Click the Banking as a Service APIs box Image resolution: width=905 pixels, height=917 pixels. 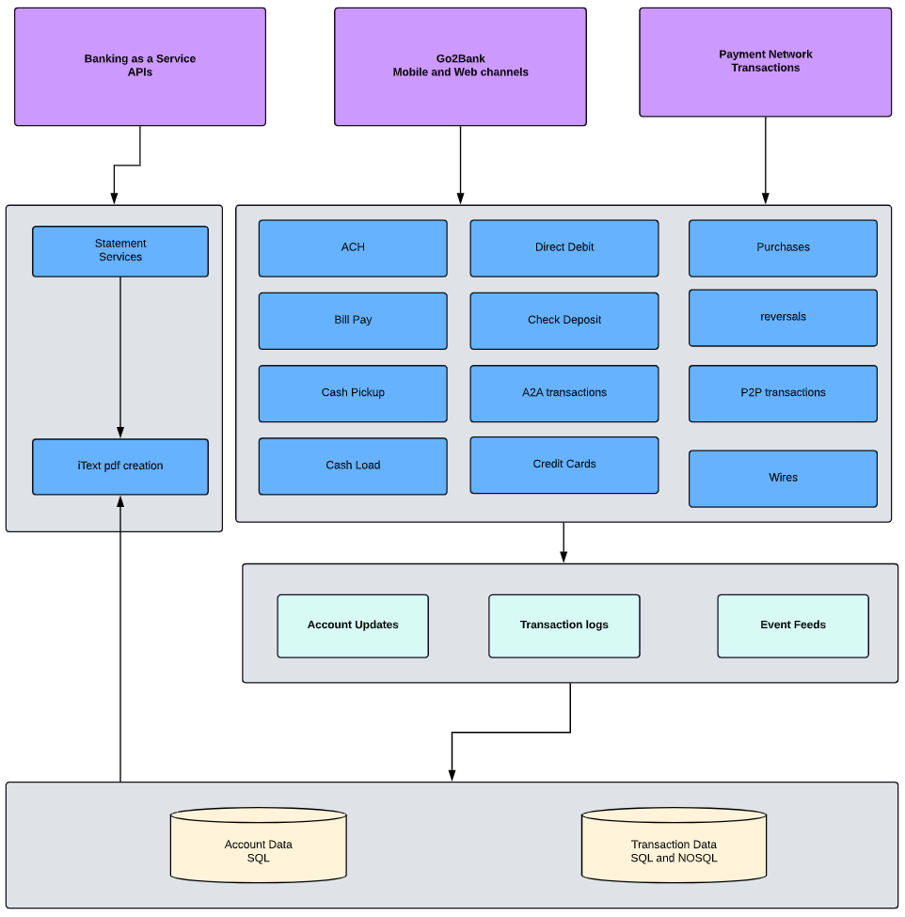(140, 66)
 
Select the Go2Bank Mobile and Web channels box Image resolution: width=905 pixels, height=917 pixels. (460, 66)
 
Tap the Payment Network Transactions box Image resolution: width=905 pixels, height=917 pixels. (765, 62)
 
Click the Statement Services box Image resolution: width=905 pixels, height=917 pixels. (120, 251)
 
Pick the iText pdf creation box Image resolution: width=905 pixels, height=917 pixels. (120, 466)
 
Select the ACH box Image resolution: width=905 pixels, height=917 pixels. (353, 248)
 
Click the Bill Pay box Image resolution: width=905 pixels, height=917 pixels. (353, 321)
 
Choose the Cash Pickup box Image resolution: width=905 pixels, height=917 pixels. (353, 393)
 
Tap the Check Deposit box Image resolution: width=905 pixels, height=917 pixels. (564, 321)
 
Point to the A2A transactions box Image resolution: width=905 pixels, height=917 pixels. (564, 393)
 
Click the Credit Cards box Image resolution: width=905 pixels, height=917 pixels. (564, 465)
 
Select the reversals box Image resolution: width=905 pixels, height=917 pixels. (783, 318)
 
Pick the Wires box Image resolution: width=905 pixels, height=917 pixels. (783, 479)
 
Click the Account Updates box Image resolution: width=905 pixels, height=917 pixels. (353, 625)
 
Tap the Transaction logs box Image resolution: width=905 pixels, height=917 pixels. (564, 625)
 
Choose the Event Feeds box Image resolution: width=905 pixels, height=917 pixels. (793, 625)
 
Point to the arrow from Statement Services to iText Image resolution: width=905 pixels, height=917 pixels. (120, 357)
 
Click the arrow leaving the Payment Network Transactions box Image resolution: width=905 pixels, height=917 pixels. (765, 160)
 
